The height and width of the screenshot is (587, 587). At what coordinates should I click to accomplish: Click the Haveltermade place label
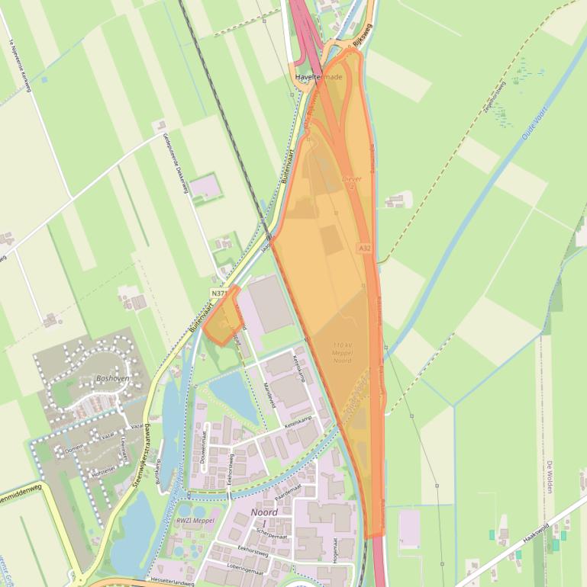click(x=318, y=77)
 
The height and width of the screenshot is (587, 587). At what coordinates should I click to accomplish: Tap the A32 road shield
click(x=364, y=248)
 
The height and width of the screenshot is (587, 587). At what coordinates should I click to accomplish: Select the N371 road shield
click(x=218, y=293)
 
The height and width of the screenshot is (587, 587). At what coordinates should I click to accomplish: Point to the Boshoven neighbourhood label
click(x=112, y=377)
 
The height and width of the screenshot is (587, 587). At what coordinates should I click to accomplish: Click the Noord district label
click(x=264, y=512)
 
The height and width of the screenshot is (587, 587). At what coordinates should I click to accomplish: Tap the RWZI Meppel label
click(x=196, y=521)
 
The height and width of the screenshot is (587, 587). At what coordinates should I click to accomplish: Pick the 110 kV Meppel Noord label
click(x=342, y=353)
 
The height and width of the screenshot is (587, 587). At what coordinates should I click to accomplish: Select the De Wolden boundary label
click(x=549, y=476)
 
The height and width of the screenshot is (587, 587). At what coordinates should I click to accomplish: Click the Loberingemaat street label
click(x=253, y=568)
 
